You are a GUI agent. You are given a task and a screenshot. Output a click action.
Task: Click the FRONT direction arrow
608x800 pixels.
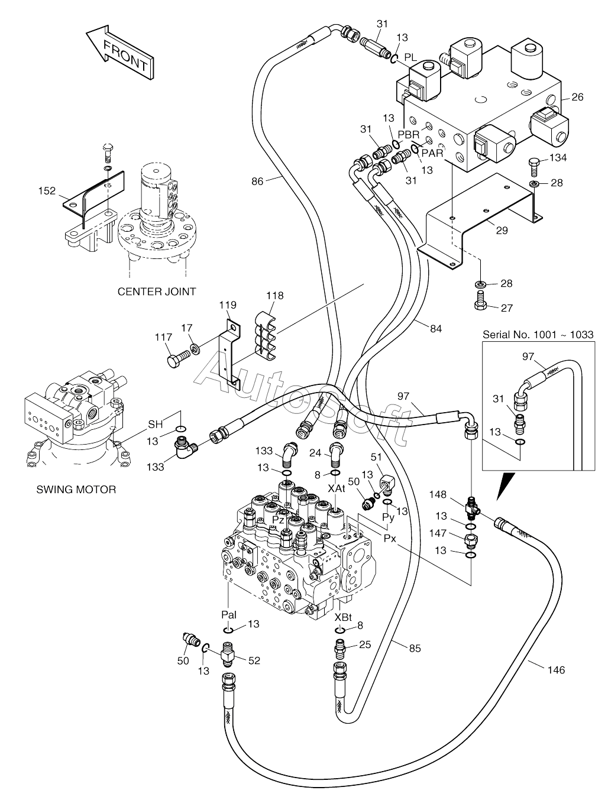(119, 52)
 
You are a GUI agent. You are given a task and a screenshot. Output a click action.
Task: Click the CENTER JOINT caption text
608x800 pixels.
(157, 292)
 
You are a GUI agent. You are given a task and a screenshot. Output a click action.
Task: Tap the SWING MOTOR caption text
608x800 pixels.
(76, 490)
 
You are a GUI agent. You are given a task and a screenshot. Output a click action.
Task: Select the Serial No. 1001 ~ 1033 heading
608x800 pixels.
(538, 335)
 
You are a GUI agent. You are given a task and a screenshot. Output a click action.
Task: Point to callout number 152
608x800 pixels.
(47, 190)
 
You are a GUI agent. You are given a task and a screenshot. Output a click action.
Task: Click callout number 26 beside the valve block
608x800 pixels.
(577, 97)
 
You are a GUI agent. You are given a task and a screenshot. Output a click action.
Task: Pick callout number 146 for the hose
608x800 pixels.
(556, 670)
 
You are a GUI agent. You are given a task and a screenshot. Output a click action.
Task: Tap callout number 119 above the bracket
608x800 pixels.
(228, 305)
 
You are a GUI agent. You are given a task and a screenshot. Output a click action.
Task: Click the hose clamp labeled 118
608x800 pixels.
(265, 336)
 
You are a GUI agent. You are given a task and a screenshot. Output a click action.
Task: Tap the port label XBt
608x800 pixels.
(343, 617)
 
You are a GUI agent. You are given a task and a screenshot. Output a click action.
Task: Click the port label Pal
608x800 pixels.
(229, 615)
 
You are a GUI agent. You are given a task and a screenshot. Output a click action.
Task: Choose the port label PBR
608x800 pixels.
(409, 134)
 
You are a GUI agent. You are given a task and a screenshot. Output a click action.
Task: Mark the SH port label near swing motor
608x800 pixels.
(156, 424)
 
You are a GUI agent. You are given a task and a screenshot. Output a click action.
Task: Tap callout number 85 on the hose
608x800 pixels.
(415, 649)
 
